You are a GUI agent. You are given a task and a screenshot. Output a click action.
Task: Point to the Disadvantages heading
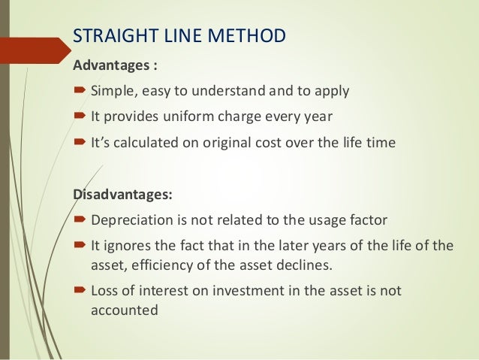pyautogui.click(x=122, y=195)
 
